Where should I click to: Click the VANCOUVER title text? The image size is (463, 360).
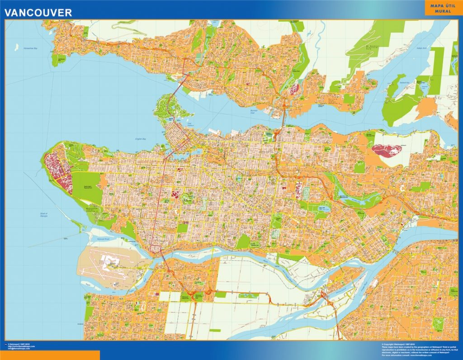(38, 12)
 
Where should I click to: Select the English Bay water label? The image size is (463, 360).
(142, 139)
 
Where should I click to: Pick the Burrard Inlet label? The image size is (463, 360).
(256, 110)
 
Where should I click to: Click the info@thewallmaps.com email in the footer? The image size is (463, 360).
(20, 349)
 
